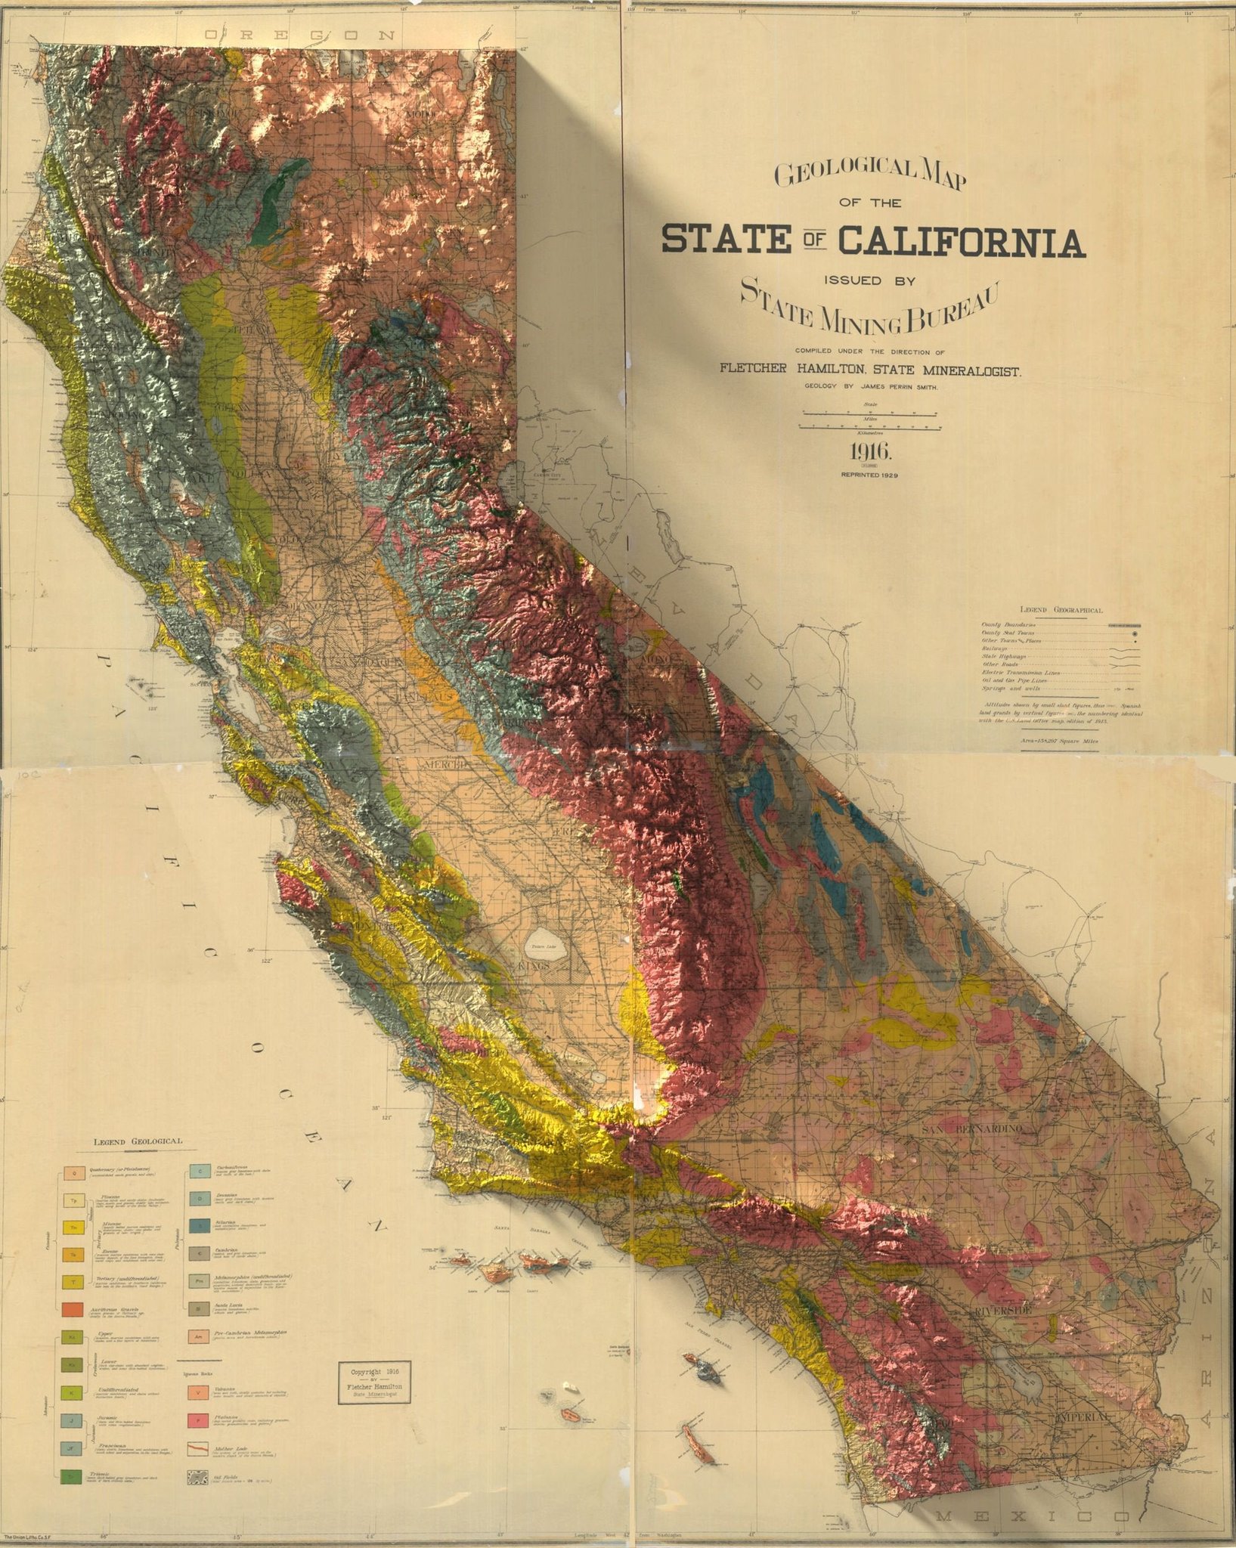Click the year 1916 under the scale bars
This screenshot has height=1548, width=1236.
pyautogui.click(x=872, y=453)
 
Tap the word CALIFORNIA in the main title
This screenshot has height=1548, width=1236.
pyautogui.click(x=961, y=241)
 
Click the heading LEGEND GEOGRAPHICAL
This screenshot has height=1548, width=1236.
pyautogui.click(x=1061, y=610)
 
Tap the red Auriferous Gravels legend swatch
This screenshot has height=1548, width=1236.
pyautogui.click(x=73, y=1308)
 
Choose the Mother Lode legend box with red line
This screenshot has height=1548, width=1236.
pyautogui.click(x=198, y=1450)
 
